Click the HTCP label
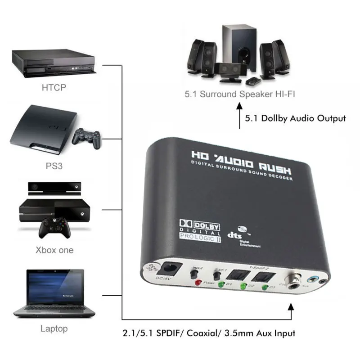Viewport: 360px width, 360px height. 54,87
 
